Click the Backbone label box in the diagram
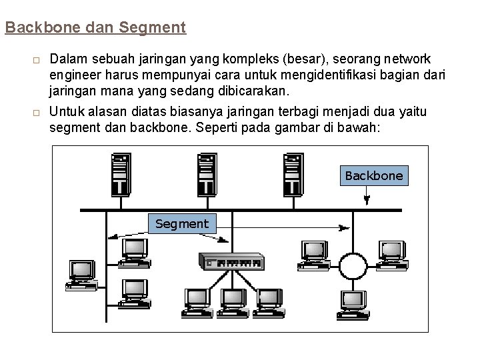click(x=374, y=175)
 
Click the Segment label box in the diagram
click(x=181, y=224)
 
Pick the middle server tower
click(x=206, y=174)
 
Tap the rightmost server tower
click(x=292, y=174)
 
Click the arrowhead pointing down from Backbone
click(x=367, y=199)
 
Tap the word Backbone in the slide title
click(x=37, y=28)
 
